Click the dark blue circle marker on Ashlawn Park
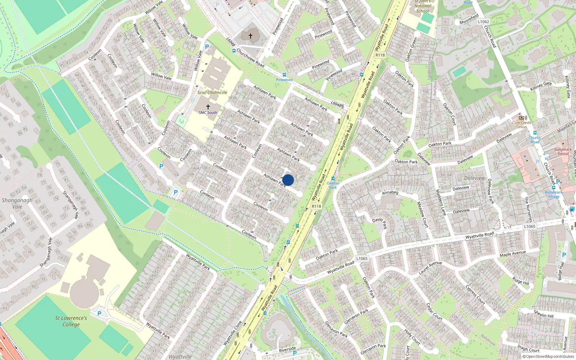click(288, 180)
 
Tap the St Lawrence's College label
click(71, 321)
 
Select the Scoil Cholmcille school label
click(212, 93)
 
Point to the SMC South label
click(208, 113)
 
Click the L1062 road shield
click(483, 22)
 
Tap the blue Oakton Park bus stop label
click(333, 185)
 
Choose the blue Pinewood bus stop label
click(284, 80)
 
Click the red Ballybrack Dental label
click(563, 152)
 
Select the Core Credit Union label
click(522, 125)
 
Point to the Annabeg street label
click(390, 193)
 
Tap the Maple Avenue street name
click(513, 254)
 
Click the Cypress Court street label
click(476, 294)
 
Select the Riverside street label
click(287, 349)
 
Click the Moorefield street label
click(469, 19)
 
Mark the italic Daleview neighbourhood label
click(474, 178)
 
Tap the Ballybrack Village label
click(554, 194)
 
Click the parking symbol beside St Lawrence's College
click(99, 314)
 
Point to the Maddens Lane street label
click(441, 203)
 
